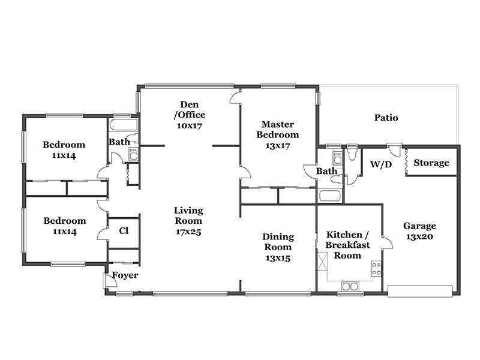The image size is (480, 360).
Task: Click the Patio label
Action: (386, 118)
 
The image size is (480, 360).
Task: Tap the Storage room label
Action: (431, 163)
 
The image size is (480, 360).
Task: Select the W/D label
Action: (381, 164)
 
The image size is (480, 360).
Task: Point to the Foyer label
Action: (125, 275)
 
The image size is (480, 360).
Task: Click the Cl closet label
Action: (124, 230)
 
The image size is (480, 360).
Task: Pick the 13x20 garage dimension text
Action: (419, 236)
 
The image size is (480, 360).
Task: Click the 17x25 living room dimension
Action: (188, 232)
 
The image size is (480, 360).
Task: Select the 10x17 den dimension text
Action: (190, 125)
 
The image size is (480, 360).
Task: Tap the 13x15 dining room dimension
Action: (278, 258)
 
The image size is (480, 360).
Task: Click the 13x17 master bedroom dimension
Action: (278, 146)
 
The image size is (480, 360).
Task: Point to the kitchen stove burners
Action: (376, 268)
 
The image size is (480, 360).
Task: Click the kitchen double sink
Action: (350, 287)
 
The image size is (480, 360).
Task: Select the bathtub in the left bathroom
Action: (124, 125)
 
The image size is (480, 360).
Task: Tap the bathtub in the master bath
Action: (329, 196)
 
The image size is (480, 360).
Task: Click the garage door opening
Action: (420, 291)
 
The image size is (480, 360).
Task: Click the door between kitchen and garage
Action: (388, 242)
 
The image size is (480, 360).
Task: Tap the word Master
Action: (278, 124)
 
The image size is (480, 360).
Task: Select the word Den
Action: (189, 104)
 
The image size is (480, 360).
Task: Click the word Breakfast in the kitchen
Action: (347, 245)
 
